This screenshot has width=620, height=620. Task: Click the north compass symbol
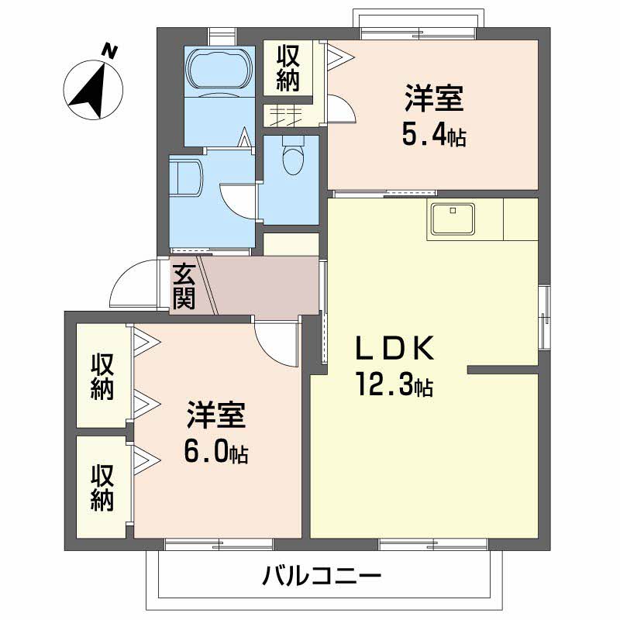[x=95, y=88]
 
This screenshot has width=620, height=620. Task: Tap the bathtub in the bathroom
[x=219, y=71]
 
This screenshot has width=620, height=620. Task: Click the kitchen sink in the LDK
[x=453, y=219]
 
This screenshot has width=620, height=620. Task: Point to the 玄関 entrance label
[x=184, y=288]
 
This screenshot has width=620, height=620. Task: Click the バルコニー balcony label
[x=321, y=577]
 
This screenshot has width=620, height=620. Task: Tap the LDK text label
[x=393, y=350]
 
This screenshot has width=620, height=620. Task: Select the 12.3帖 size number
[x=393, y=384]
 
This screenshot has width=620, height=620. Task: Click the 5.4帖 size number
[x=433, y=136]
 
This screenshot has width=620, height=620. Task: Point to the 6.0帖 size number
[x=215, y=452]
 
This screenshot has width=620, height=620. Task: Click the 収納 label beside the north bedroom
[x=288, y=69]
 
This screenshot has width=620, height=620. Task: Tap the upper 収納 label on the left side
[x=102, y=377]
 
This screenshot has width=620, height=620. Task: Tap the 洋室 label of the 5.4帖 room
[x=433, y=101]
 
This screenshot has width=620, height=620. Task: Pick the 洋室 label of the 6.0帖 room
[x=215, y=416]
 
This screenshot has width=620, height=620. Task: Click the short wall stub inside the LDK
[x=502, y=370]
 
